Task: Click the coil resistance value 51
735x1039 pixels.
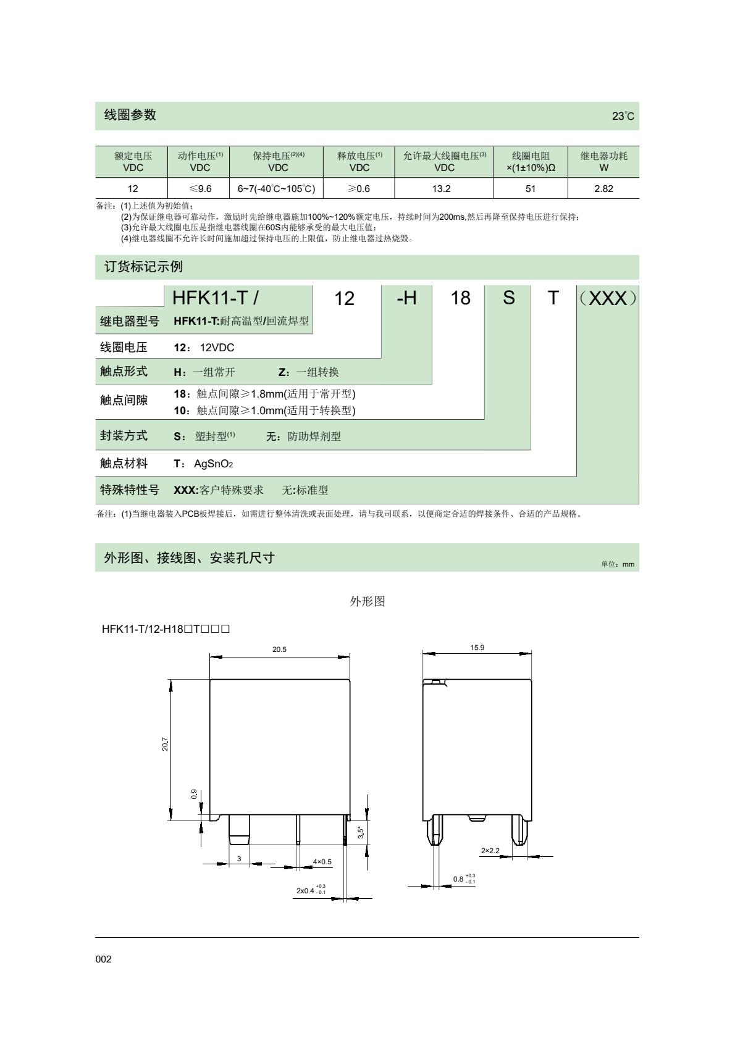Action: [x=530, y=189]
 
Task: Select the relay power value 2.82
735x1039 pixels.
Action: [x=603, y=189]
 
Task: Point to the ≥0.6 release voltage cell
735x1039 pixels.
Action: [x=359, y=189]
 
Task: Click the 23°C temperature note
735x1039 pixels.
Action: [x=623, y=116]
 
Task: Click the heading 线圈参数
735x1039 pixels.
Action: [x=130, y=115]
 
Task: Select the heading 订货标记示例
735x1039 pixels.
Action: [x=143, y=267]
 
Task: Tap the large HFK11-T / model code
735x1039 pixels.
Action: [x=216, y=298]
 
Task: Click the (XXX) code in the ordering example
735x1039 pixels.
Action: [x=608, y=298]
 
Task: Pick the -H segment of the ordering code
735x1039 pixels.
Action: [x=406, y=298]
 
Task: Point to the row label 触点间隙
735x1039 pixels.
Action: [x=124, y=401]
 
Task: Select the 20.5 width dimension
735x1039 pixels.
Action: [x=280, y=649]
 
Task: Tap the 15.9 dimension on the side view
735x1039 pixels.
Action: [x=477, y=648]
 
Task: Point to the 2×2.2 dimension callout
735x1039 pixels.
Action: [x=490, y=851]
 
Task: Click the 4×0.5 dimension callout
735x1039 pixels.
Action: [x=322, y=861]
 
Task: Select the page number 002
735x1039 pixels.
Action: [x=103, y=959]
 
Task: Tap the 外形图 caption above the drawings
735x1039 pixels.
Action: [x=367, y=601]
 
